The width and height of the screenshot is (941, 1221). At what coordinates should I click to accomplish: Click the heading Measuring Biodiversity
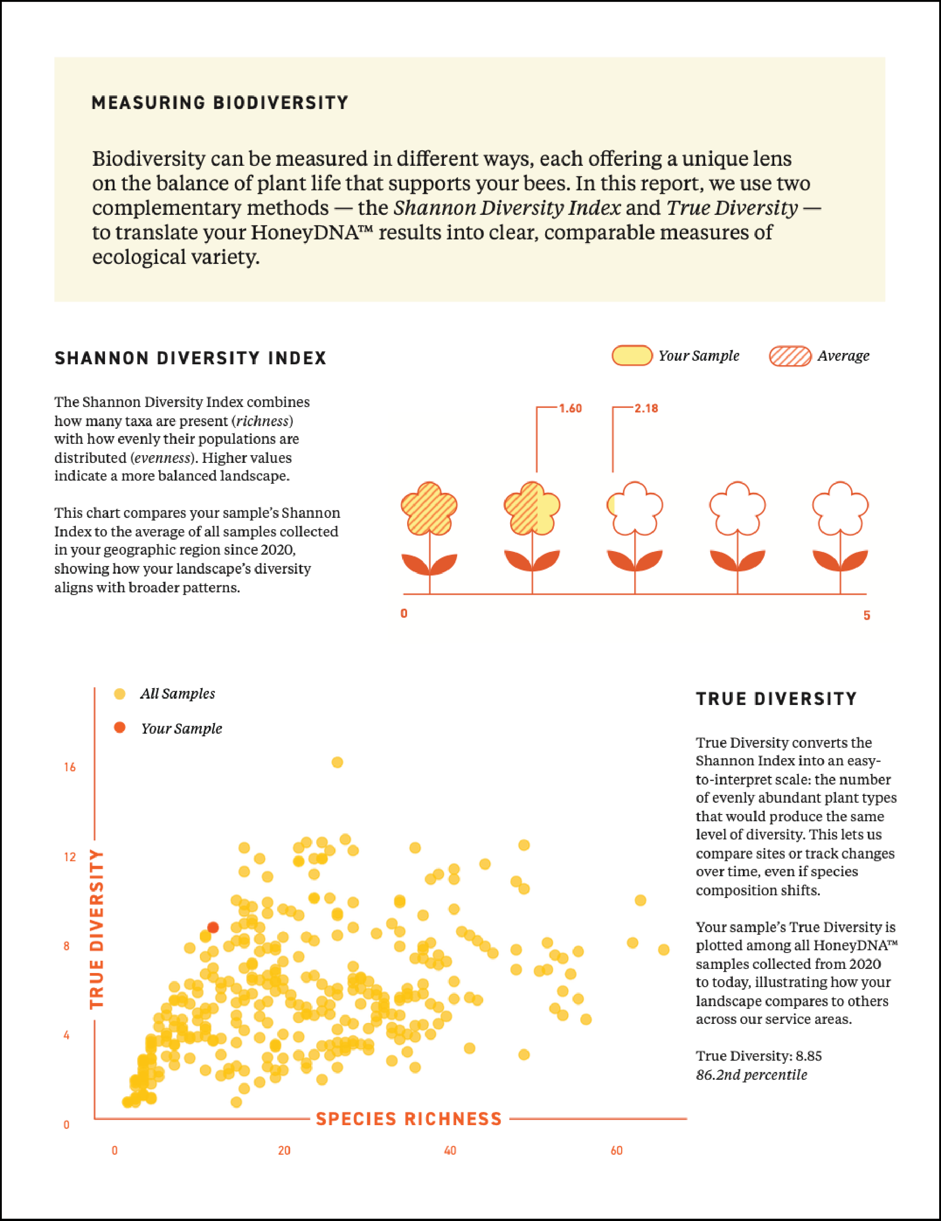(x=220, y=103)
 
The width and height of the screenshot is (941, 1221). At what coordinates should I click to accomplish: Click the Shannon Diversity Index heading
(x=190, y=358)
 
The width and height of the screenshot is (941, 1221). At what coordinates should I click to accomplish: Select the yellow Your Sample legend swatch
(x=632, y=356)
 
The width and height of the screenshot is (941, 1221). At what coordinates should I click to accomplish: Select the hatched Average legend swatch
(x=790, y=356)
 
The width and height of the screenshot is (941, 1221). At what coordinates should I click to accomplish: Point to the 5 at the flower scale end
(x=866, y=615)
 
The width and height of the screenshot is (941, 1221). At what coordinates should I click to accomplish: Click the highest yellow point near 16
(x=337, y=762)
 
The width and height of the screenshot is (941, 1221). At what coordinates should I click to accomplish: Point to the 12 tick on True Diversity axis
(x=70, y=857)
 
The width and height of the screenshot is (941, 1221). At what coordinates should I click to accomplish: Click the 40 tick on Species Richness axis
(x=450, y=1151)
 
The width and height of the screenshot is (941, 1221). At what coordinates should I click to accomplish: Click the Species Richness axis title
(x=409, y=1119)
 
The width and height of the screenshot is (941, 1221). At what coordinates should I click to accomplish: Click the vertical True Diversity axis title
(x=97, y=928)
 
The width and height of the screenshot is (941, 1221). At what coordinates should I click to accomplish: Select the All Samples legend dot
(x=119, y=694)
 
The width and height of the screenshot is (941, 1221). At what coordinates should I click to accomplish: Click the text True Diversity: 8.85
(x=758, y=1056)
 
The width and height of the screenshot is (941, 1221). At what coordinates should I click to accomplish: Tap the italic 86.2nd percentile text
(x=751, y=1075)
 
